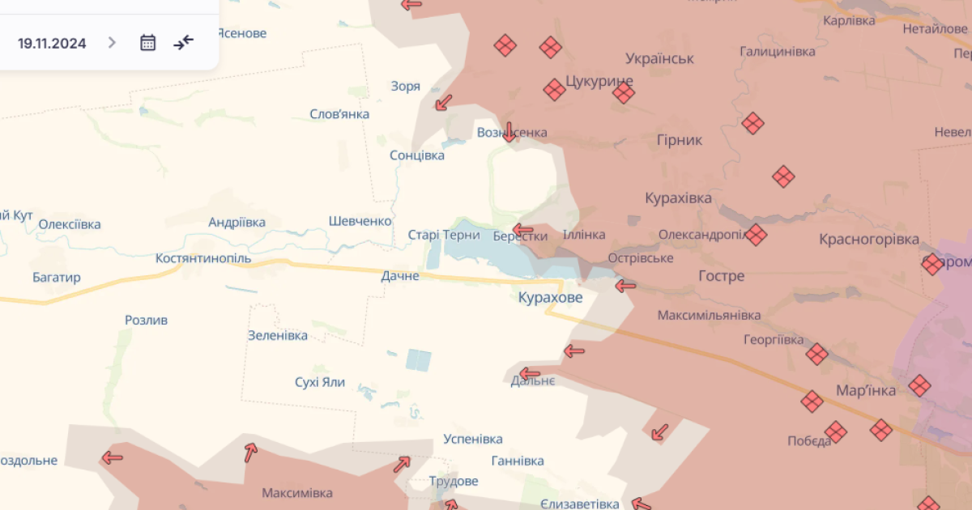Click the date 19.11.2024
coord(52,43)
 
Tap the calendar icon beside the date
coord(147,43)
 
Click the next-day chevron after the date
coord(112,43)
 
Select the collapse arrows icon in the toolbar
coord(184,42)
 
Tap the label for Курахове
coord(550,298)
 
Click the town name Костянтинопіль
coord(203,258)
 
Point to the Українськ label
coord(659,58)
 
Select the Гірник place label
coord(680,140)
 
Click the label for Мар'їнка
coord(866,391)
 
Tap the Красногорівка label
coord(868,240)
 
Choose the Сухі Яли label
coord(320,382)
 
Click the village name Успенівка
coord(473,439)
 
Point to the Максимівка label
coord(296,492)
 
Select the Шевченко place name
coord(360,221)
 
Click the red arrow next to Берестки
coord(523,230)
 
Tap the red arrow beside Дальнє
coord(529,374)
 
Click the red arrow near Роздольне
coord(112,457)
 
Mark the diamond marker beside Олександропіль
coord(756,235)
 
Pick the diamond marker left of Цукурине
coord(554,89)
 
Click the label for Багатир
coord(57,278)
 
